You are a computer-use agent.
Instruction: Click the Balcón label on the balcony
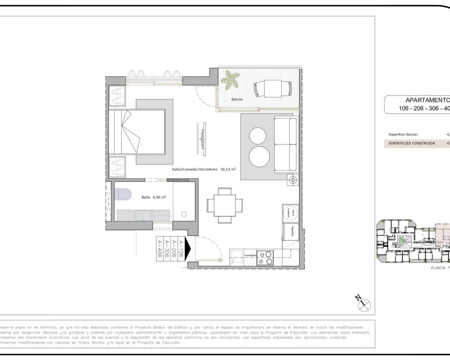237,99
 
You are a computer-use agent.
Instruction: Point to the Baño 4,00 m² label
154,197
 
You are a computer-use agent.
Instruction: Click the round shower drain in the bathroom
184,214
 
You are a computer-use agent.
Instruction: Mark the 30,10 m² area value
228,169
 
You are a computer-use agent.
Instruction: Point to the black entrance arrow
188,249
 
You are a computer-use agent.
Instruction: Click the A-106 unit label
181,249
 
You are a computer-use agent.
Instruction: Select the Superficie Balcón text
403,135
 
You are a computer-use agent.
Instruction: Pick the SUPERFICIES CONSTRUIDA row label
411,143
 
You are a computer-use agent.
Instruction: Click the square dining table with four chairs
224,205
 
